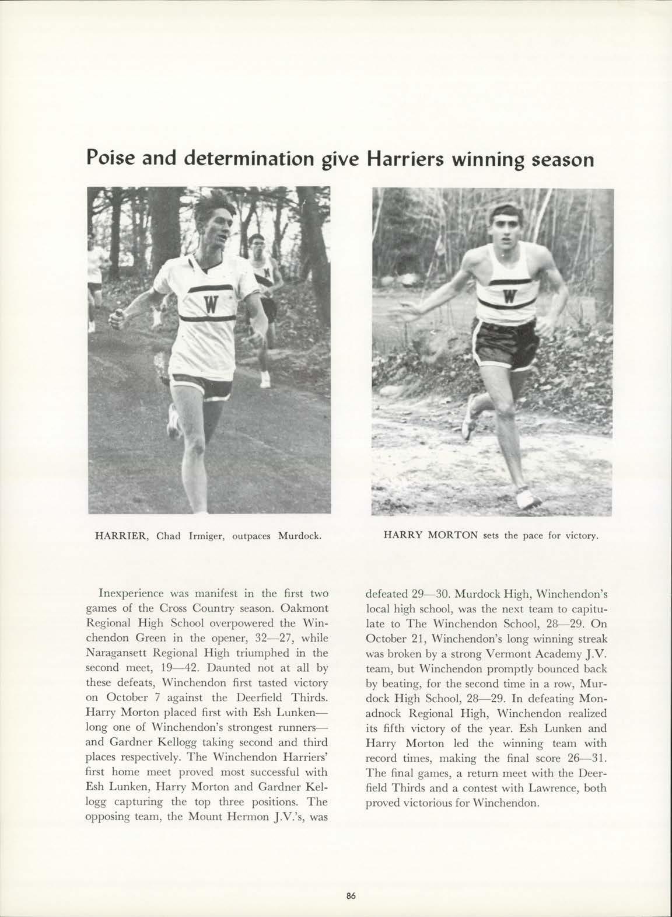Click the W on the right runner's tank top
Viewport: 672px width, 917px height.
coord(509,295)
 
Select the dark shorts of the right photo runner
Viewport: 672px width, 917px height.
coord(503,341)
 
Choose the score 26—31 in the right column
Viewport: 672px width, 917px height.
coord(583,758)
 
